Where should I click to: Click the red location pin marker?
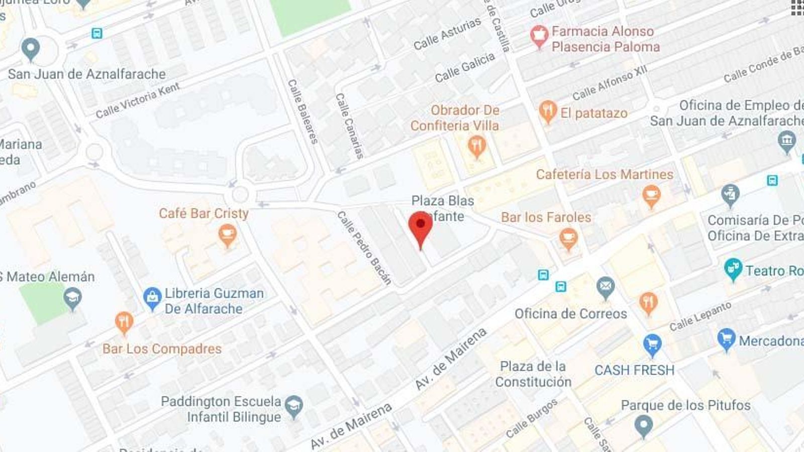coord(421,227)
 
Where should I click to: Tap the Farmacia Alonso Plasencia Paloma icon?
coord(539,36)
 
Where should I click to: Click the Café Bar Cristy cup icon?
coord(227,235)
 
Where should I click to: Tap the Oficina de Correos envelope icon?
coord(606,287)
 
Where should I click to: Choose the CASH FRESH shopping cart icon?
coord(652,345)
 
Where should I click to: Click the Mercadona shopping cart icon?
coord(726,339)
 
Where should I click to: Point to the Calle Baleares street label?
coord(303,111)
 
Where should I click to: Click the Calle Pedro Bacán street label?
coord(364,248)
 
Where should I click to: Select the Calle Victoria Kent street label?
coord(138,100)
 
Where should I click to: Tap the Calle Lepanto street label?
coord(700,316)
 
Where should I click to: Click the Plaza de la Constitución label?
coord(533,374)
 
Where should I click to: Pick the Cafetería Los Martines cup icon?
coord(651,195)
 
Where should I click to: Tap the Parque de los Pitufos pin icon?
coord(643,426)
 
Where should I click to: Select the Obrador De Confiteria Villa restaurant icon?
coord(476,147)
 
